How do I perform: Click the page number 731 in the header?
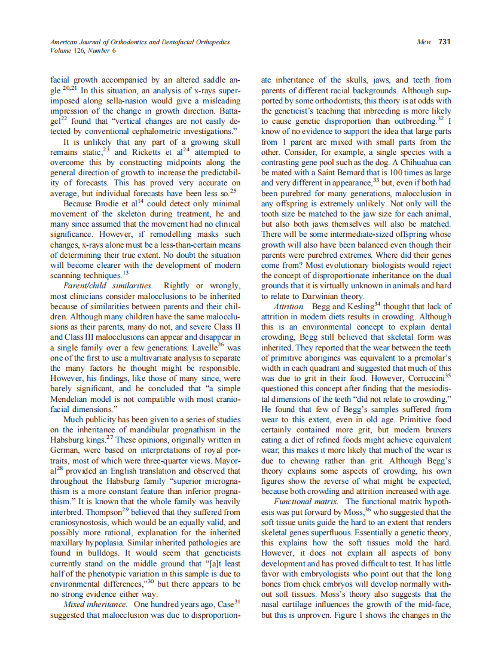[x=444, y=42]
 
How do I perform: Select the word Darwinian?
[x=323, y=296]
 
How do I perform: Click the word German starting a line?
[x=66, y=458]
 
